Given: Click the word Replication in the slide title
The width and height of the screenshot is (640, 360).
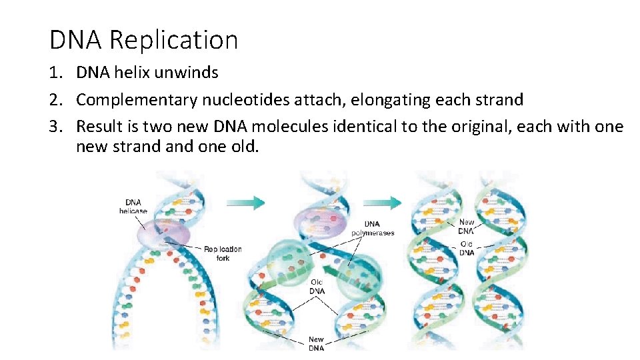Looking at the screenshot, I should [173, 40].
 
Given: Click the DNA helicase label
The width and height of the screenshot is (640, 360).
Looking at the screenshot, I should [133, 207].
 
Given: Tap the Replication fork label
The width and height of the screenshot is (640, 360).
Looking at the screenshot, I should [223, 253].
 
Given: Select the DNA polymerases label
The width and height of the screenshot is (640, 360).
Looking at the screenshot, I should [373, 228].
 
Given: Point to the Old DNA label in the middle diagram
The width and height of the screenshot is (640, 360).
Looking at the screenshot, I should [317, 286].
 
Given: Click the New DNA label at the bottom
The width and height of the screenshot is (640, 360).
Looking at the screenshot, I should [316, 344].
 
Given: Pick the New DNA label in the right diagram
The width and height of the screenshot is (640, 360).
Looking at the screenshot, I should [467, 226].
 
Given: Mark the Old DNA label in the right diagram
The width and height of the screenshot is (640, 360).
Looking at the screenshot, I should [467, 249].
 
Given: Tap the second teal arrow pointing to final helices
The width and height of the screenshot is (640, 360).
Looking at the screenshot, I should [385, 203].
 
